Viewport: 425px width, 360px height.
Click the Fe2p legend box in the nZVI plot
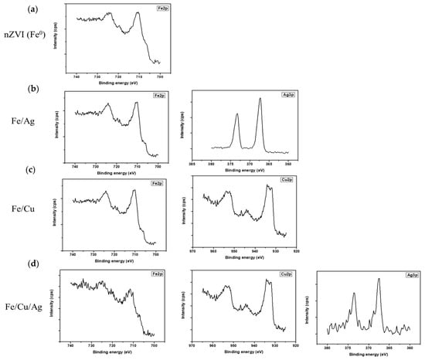pyautogui.click(x=155, y=8)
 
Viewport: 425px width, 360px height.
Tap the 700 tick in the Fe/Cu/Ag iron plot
pyautogui.click(x=155, y=345)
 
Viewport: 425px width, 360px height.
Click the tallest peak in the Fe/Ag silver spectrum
pyautogui.click(x=260, y=98)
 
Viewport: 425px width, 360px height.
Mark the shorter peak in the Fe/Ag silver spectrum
pyautogui.click(x=237, y=114)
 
